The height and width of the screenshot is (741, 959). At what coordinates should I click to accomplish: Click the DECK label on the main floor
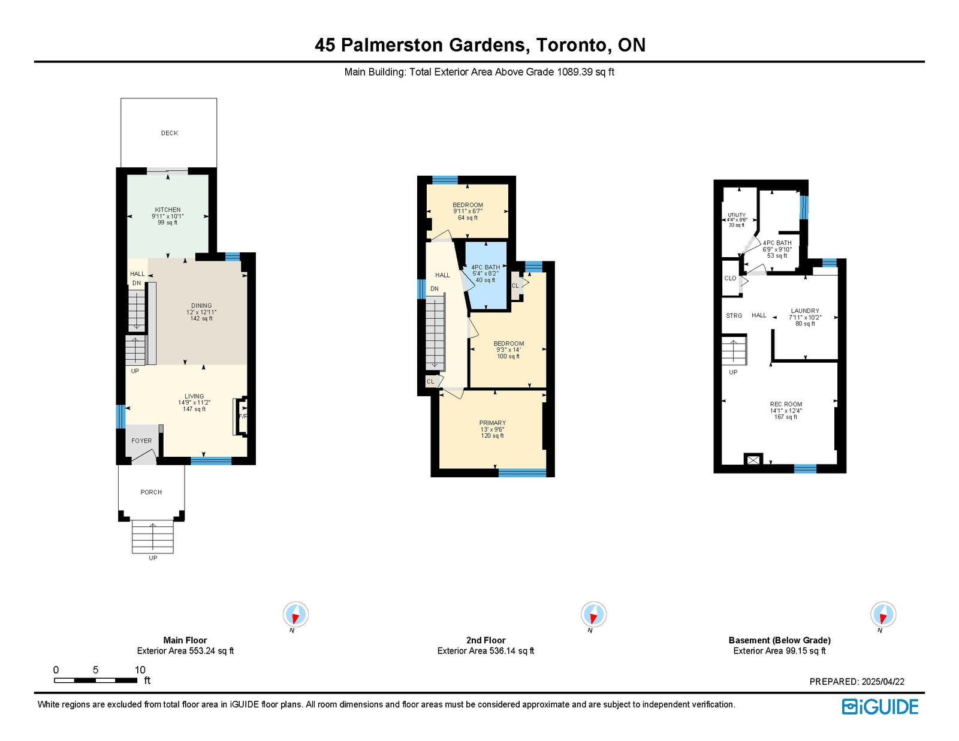tap(170, 133)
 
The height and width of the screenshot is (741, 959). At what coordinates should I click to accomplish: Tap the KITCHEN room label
tap(168, 210)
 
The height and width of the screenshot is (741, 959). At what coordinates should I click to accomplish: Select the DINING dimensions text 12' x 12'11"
tap(201, 312)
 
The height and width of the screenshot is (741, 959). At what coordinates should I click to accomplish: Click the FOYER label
tap(141, 441)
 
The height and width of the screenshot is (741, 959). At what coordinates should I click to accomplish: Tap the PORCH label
tap(151, 492)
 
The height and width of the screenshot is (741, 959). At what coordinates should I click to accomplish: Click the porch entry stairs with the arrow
tap(153, 536)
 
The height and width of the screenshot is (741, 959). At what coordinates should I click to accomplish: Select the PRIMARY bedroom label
tap(493, 423)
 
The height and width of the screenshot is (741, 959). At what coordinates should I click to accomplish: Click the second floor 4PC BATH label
tap(485, 267)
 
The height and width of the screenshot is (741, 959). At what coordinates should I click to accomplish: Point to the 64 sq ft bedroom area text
tap(468, 218)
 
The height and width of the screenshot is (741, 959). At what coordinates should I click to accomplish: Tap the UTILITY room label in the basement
tap(737, 215)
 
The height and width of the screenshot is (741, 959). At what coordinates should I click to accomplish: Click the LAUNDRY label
tap(805, 311)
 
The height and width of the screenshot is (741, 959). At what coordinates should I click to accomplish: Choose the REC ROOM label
tap(786, 404)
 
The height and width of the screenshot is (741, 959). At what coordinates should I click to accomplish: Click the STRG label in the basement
tap(734, 315)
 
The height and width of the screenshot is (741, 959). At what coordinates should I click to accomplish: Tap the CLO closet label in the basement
tap(730, 278)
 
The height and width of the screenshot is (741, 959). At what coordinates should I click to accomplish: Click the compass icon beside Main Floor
tap(295, 614)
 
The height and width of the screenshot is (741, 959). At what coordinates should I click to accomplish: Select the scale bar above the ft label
tap(95, 680)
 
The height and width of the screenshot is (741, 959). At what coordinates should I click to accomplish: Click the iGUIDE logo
tap(880, 707)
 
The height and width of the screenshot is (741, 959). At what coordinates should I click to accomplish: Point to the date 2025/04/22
tap(883, 682)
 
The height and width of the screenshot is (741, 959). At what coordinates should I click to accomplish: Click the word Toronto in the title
tap(574, 45)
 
